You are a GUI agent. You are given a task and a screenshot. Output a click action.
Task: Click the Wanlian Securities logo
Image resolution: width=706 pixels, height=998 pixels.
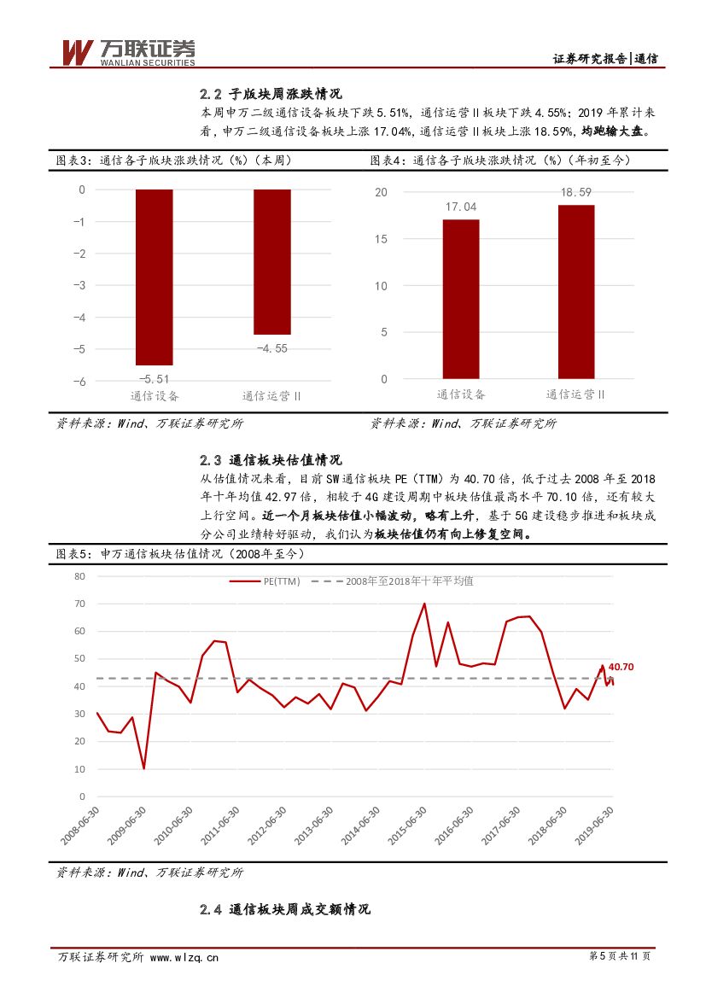coord(127,52)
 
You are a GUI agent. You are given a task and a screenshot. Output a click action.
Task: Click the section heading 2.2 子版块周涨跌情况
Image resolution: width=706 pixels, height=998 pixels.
coord(271,94)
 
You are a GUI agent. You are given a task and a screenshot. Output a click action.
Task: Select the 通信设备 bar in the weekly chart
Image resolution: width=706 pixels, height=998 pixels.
coord(155,277)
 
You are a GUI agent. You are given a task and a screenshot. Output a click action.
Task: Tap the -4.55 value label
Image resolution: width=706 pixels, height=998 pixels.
coord(272,347)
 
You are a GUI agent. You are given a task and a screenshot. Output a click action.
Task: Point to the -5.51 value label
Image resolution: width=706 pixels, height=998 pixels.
coord(155,378)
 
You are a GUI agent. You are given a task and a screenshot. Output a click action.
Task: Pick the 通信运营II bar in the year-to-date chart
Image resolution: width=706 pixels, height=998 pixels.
coord(576,291)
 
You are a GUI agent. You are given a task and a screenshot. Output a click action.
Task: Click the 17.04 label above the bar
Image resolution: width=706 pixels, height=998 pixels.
coord(460,207)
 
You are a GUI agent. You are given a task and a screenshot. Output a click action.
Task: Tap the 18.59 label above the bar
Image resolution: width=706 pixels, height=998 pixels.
coord(576,192)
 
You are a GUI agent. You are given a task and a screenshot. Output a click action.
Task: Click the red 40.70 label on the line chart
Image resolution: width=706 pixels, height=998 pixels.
coord(621,667)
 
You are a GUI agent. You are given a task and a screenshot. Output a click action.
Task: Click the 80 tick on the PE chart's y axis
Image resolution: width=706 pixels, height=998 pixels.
coord(80,576)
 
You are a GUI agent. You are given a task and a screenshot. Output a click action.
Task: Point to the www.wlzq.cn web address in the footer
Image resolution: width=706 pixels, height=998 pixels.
coord(184,957)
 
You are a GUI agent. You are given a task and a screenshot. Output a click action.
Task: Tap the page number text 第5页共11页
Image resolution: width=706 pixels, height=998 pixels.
coord(620,956)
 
